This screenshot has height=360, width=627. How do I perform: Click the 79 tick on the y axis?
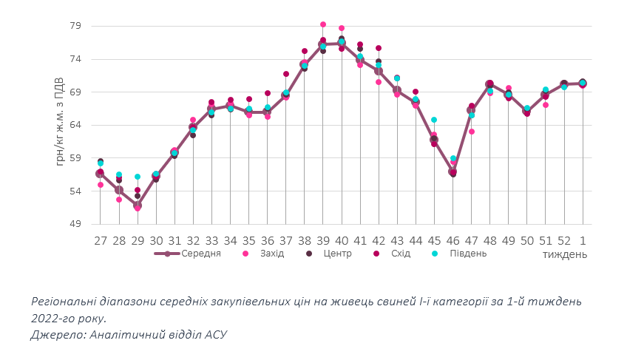[75, 26]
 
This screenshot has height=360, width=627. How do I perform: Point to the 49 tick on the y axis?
[75, 224]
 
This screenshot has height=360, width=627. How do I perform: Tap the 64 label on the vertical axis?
[75, 125]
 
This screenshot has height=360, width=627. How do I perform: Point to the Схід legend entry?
[399, 254]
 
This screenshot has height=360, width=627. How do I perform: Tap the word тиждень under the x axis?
[564, 254]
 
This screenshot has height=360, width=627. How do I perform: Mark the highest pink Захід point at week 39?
[323, 24]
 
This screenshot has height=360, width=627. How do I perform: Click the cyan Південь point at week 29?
[138, 177]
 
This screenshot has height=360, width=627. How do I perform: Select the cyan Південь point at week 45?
[434, 120]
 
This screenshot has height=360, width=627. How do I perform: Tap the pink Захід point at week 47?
[472, 132]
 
